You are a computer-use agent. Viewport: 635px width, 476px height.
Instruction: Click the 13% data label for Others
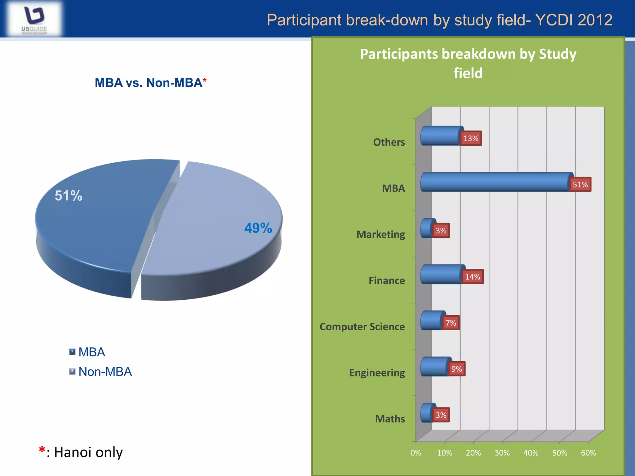pos(471,138)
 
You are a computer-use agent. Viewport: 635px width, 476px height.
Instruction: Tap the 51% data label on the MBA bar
pos(580,184)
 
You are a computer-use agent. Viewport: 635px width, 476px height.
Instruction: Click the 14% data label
pos(473,277)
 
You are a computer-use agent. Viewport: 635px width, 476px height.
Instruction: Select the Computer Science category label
pos(362,327)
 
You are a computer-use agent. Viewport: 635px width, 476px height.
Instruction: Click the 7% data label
pos(451,323)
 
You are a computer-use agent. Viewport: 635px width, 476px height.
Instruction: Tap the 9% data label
pos(456,369)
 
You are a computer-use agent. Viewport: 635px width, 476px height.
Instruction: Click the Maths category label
pos(390,419)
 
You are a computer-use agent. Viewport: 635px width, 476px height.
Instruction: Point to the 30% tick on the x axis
pos(502,453)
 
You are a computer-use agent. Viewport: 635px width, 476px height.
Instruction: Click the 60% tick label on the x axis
pos(588,453)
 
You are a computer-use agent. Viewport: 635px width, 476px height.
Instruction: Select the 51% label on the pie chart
pos(69,196)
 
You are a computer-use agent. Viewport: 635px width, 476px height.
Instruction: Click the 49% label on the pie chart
pos(258,228)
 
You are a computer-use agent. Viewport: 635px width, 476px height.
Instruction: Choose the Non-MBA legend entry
pos(105,372)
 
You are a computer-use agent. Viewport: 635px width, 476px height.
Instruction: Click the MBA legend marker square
pos(72,352)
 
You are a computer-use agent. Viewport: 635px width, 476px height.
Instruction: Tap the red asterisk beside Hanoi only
pos(42,450)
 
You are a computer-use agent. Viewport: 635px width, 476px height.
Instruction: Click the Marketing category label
pos(381,235)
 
